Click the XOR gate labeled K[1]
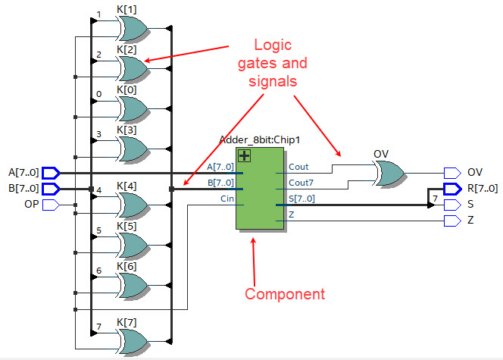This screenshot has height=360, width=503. pos(133,29)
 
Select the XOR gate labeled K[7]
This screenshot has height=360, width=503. pos(133,341)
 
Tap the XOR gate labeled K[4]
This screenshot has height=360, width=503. pos(133,205)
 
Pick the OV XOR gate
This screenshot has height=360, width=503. pos(390,174)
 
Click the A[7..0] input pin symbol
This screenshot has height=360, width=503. pos(51,173)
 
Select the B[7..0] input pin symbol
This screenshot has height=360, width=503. pos(51,189)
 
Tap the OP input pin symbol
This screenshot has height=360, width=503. pos(51,205)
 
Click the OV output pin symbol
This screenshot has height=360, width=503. pos(453,173)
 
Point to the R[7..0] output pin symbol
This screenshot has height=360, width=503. pos(453,189)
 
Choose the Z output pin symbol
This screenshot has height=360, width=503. pos(453,221)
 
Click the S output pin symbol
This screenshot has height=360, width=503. pos(453,205)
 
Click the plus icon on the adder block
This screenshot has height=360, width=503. pos(245,156)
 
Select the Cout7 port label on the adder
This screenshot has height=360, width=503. pos(301,183)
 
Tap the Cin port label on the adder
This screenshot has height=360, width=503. pos(227,199)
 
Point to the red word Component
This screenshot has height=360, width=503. pos(285,294)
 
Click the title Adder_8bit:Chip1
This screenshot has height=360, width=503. pos(259,140)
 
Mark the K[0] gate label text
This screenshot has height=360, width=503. pos(127,90)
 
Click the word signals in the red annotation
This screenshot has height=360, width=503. pos(273,81)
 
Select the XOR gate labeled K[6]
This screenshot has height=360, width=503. pos(133,285)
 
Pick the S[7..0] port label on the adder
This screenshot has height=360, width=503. pos(301,199)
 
